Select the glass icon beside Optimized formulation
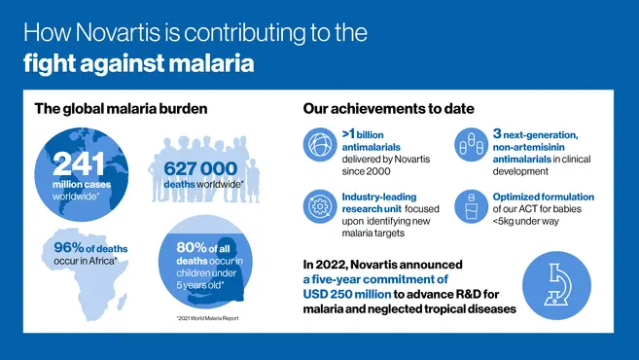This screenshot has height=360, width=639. tap(473, 206)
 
